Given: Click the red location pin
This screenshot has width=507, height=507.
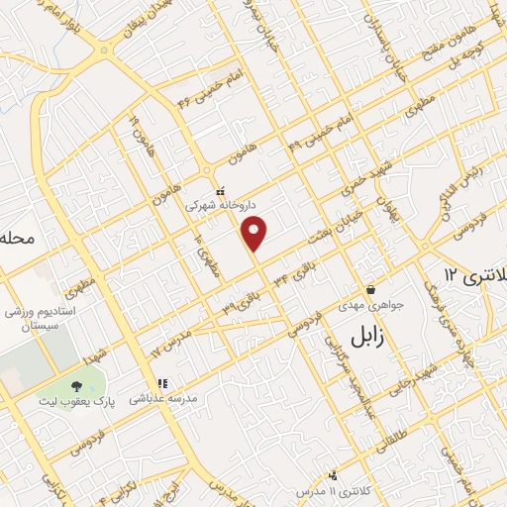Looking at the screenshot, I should click(x=255, y=233).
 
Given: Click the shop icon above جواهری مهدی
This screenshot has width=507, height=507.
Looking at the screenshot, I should click(x=370, y=290).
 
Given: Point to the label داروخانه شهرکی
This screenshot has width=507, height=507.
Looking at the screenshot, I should click(x=220, y=207).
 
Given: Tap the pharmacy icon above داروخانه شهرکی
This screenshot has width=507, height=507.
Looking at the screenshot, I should click(x=221, y=191).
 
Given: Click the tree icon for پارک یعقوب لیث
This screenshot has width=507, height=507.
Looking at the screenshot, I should click(x=77, y=385).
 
